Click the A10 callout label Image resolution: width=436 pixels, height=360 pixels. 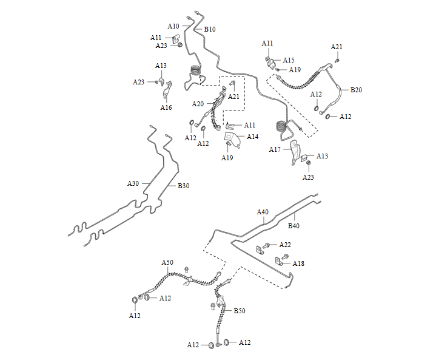click(x=173, y=26)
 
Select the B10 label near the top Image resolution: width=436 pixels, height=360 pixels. click(x=210, y=29)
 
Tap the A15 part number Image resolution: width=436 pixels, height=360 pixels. click(x=289, y=60)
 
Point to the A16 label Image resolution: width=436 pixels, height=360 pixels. click(x=166, y=107)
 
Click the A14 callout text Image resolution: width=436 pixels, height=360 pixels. click(x=252, y=137)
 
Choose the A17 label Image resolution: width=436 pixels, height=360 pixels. click(x=275, y=149)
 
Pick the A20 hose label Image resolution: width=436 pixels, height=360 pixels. click(x=198, y=104)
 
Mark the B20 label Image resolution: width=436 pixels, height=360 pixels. click(x=356, y=90)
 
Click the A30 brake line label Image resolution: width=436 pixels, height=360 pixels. click(x=133, y=183)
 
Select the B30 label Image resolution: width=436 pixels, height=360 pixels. click(x=184, y=186)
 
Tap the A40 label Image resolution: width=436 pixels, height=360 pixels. click(x=263, y=212)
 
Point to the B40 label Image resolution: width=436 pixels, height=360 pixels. click(x=293, y=226)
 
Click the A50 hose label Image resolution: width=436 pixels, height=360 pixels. click(x=167, y=262)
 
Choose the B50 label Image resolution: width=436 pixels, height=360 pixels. click(x=240, y=311)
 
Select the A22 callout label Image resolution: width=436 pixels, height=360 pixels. click(x=285, y=245)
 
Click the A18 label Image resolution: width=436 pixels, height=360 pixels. click(x=298, y=263)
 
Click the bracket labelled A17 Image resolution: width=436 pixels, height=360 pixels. click(x=295, y=152)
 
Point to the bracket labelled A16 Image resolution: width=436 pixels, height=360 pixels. click(x=167, y=89)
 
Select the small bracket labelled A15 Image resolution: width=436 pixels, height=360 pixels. click(x=272, y=64)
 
